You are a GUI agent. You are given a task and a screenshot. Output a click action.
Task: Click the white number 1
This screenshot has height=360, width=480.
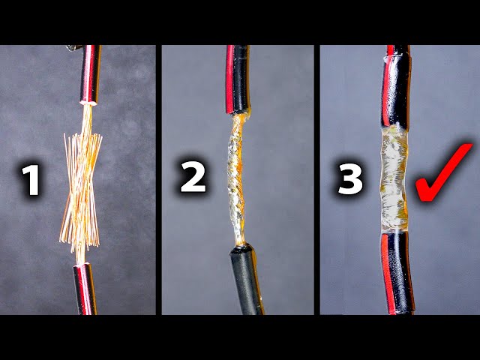31,180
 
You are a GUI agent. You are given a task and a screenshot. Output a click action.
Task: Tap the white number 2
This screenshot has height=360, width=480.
193,177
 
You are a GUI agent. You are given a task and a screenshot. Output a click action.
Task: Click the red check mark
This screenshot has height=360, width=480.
444,172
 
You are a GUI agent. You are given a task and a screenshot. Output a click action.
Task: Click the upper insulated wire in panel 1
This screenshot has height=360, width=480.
90,74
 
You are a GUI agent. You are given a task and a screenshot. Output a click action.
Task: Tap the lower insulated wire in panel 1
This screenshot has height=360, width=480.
85,289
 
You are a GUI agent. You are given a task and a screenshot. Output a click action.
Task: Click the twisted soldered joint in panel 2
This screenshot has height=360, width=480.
236,181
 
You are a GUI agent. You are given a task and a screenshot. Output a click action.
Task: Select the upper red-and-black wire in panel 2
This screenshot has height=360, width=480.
238,79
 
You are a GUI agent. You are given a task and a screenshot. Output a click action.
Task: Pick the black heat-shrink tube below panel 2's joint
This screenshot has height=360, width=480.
247,279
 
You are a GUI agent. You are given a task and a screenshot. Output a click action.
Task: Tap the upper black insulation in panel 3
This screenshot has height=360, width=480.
397,87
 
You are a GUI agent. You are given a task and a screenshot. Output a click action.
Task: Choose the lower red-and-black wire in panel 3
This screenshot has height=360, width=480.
397,273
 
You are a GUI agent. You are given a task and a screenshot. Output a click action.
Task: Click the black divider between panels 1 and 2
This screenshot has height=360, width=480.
158,180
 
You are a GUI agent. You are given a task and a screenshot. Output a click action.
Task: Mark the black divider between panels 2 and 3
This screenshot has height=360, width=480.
316,180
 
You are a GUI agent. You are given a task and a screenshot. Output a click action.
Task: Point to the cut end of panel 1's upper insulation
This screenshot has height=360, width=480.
88,103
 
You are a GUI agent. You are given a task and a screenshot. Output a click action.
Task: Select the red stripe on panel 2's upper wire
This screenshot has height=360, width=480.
229,79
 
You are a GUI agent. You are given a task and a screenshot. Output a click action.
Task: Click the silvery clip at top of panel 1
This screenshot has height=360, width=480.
73,48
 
